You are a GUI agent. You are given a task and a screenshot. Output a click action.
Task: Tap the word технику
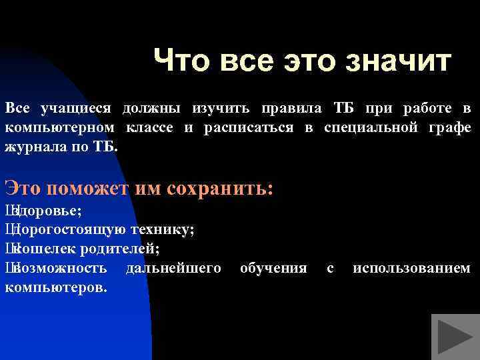pos(162,230)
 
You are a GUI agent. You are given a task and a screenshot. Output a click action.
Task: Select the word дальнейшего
pos(174,269)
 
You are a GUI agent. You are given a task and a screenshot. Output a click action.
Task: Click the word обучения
pos(273,269)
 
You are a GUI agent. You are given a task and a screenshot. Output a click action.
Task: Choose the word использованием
pos(411,269)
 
